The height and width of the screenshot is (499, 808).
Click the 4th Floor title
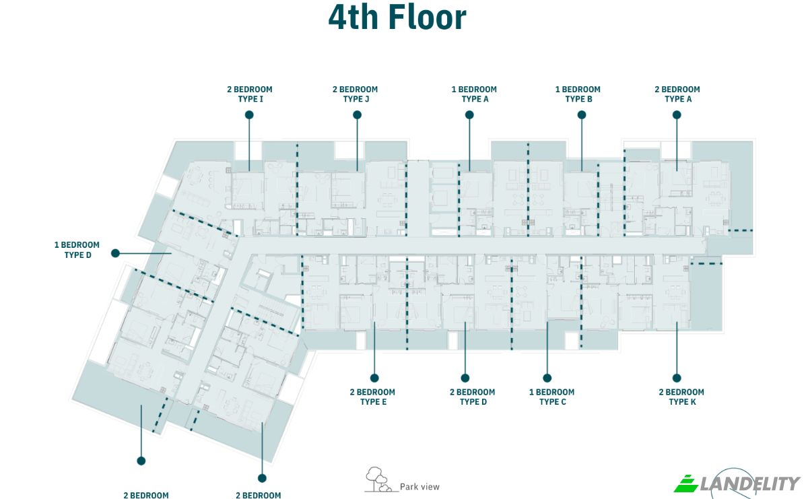pos(397,18)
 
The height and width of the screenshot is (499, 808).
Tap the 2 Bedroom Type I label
pos(250,94)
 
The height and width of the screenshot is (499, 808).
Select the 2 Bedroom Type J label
pos(356,94)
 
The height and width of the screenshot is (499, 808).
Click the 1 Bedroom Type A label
pos(474,94)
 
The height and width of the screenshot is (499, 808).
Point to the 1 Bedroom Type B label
pos(578,94)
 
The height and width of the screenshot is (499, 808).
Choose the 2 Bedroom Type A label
pos(677,94)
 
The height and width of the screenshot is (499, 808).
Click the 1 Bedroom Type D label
pos(77,250)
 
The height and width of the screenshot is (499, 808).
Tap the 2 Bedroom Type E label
pos(372,397)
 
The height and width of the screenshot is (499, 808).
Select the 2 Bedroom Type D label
pos(473,397)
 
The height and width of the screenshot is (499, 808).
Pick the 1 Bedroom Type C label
pos(552,397)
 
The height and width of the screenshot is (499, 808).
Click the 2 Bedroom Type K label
pos(681,397)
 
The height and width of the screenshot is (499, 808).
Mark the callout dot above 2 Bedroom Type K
pos(677,378)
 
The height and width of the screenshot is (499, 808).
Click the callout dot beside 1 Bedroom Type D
pos(115,253)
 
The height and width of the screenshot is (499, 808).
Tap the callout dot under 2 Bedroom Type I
pos(249,114)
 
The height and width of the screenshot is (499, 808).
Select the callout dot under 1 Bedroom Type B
pos(582,114)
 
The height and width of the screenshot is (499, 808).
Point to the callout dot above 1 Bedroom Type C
pos(547,378)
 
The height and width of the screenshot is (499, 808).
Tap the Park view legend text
pos(420,487)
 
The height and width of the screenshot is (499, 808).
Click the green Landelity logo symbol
pos(686,484)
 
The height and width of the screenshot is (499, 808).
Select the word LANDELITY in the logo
pos(750,484)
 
